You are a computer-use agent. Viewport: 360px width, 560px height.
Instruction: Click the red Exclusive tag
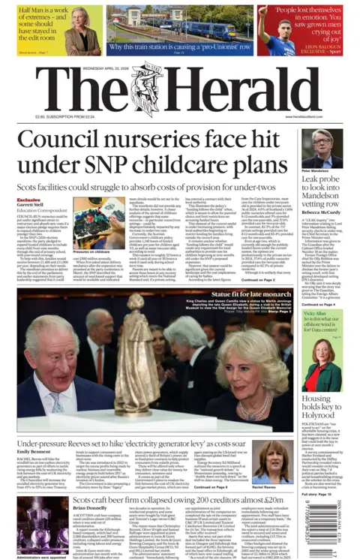28,200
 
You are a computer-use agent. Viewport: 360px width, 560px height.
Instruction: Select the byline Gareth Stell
31,206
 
